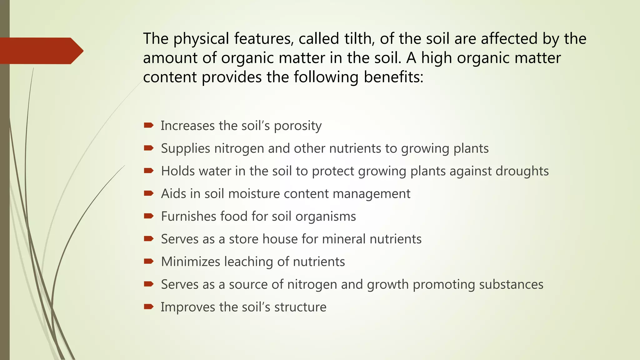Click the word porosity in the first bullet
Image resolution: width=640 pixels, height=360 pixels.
[297, 126]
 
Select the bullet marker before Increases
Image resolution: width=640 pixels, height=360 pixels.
[148, 125]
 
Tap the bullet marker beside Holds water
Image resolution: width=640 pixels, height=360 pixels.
[148, 171]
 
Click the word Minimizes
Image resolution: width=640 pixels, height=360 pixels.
[190, 262]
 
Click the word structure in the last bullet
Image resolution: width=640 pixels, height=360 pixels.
[300, 307]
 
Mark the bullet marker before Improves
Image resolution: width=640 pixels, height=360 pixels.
[148, 307]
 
